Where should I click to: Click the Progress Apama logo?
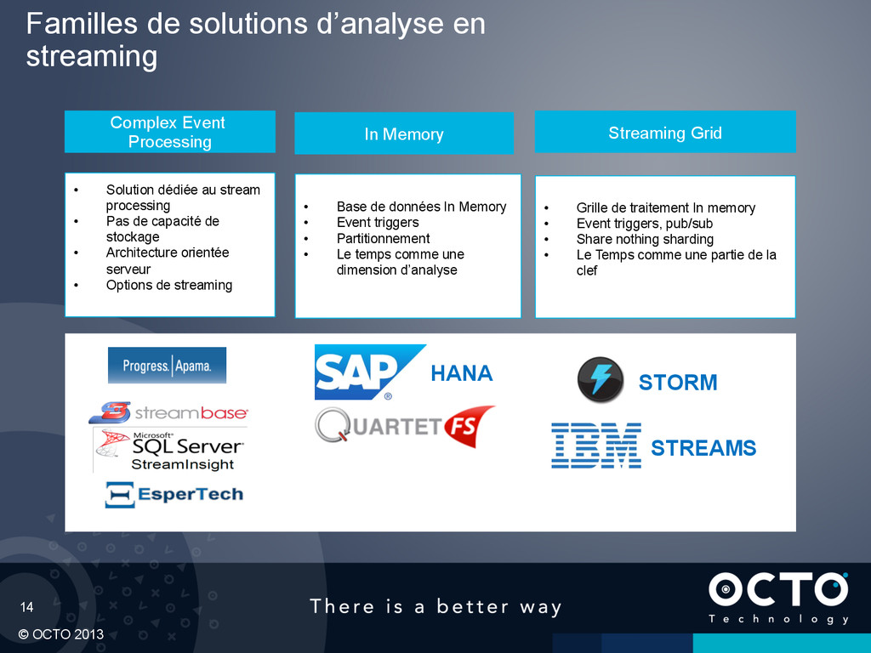(167, 366)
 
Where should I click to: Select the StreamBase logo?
(168, 413)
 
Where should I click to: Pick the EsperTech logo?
(174, 494)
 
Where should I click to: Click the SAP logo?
(366, 372)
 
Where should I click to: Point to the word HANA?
(461, 373)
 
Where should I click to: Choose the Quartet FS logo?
(404, 423)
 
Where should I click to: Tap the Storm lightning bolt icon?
(601, 380)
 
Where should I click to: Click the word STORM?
(678, 383)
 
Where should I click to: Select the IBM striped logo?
(595, 446)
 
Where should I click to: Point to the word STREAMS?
(703, 448)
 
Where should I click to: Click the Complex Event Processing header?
(169, 132)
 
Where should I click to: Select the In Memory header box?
(403, 133)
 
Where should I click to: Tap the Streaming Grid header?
(664, 132)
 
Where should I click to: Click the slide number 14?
(27, 607)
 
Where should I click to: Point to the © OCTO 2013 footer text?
(59, 634)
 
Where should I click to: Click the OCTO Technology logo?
(778, 598)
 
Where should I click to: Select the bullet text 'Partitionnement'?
(383, 238)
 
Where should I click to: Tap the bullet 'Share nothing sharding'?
(644, 239)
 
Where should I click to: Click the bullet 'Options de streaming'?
(168, 285)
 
